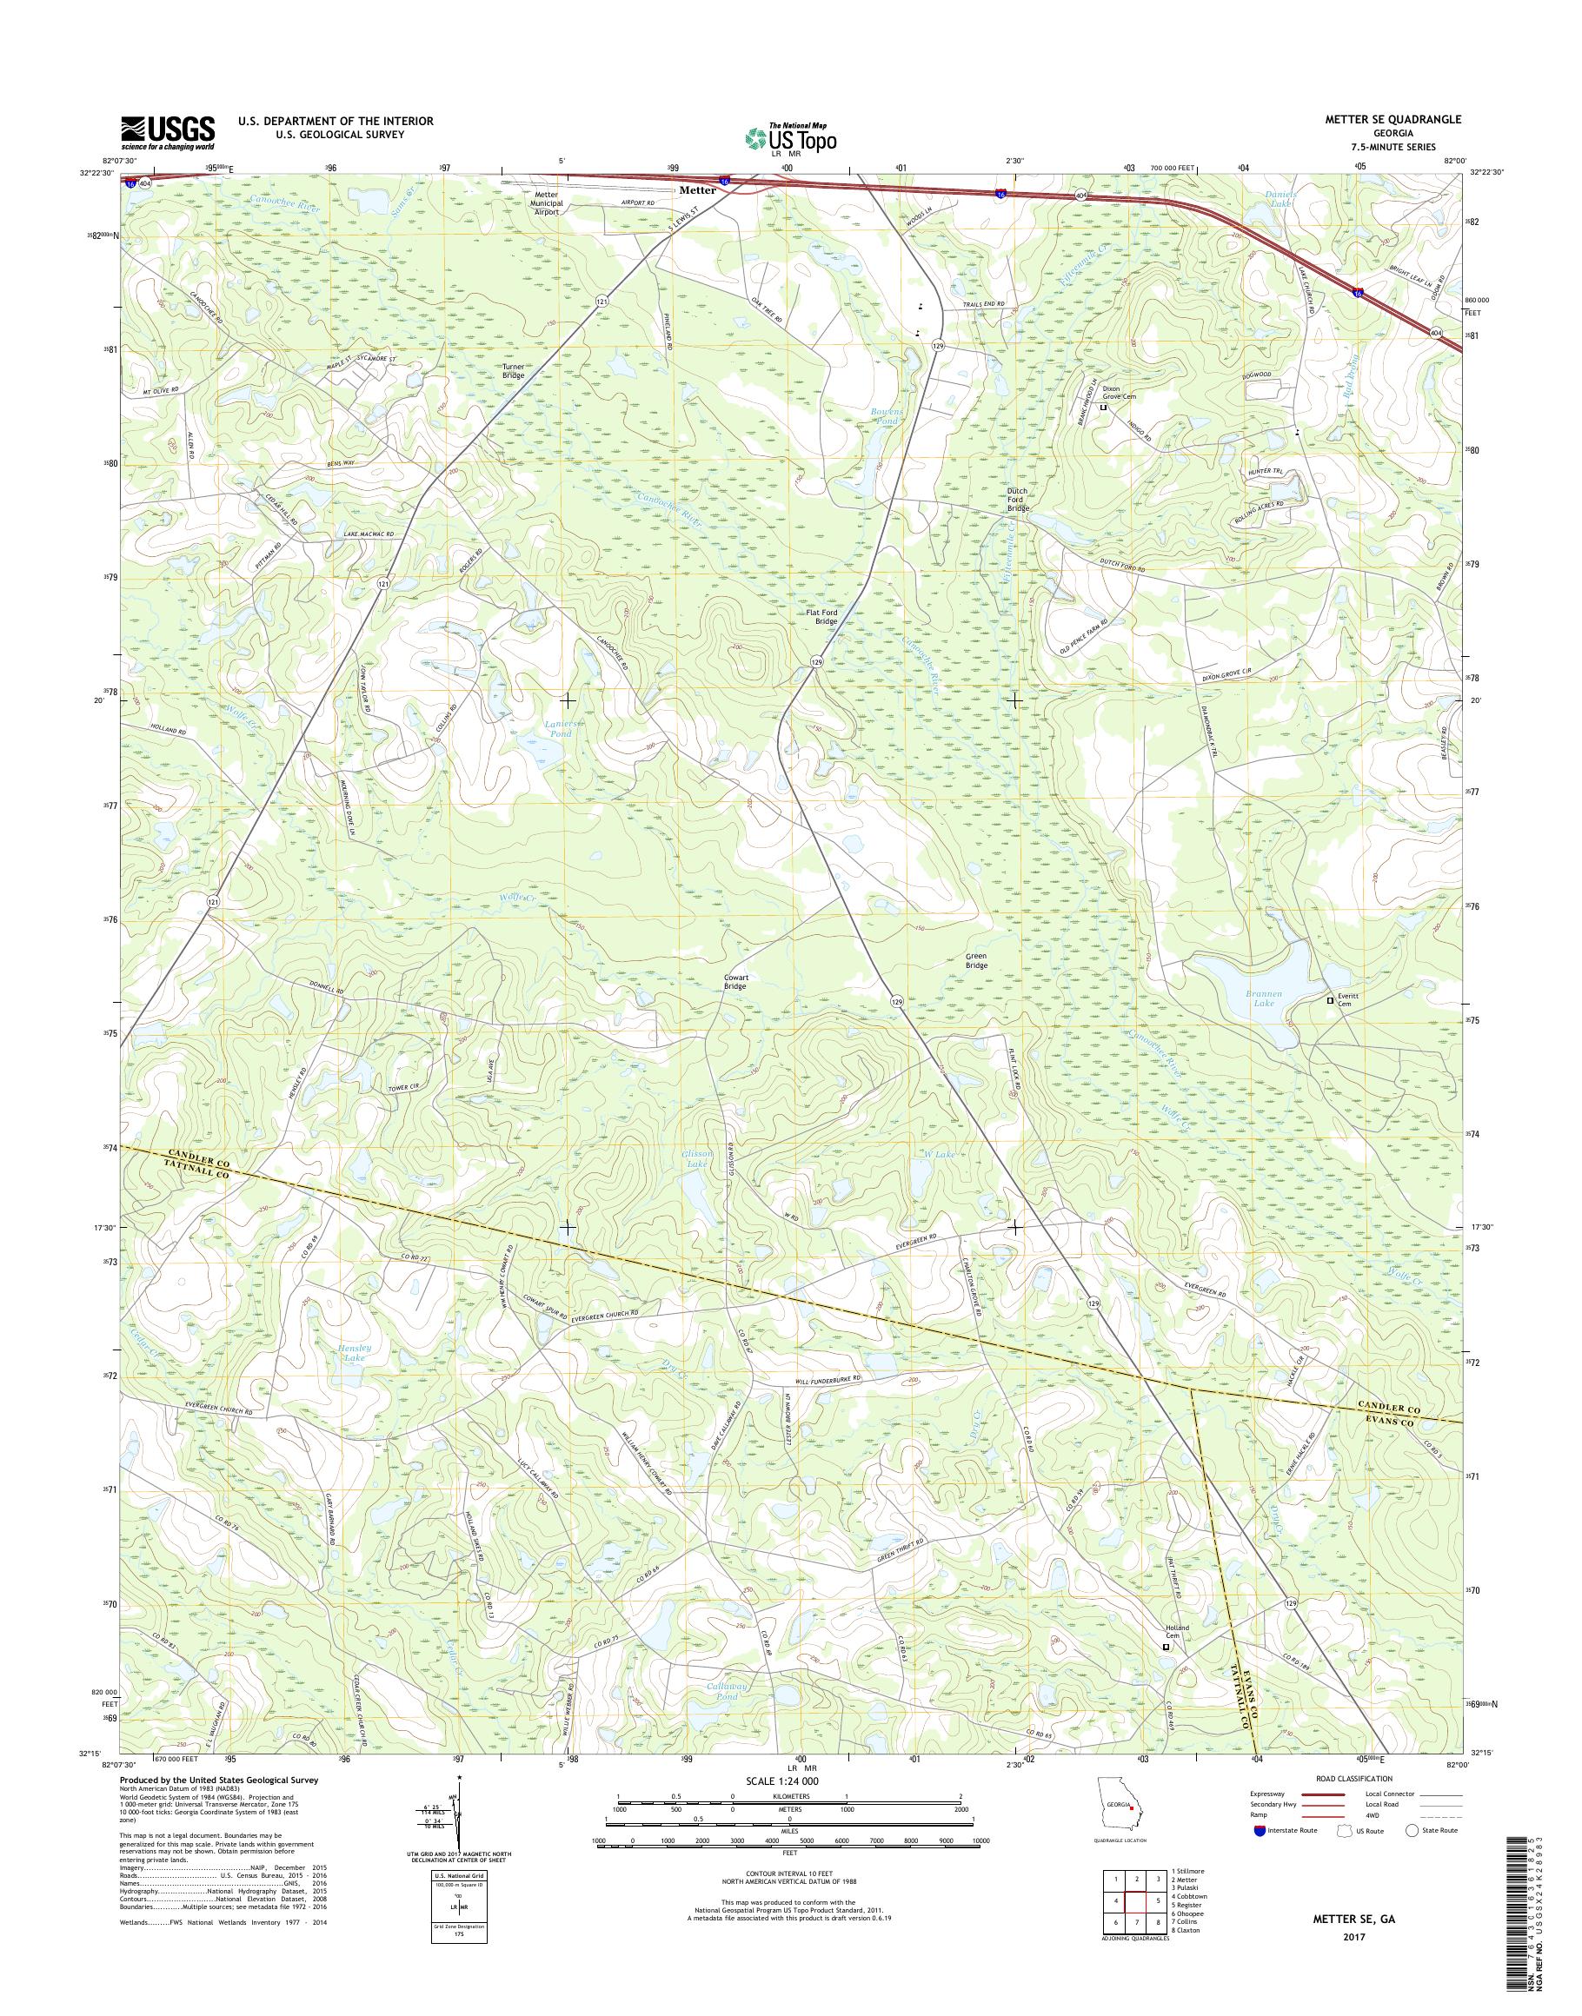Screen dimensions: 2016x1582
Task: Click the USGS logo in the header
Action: (x=168, y=132)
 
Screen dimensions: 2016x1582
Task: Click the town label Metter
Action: (x=697, y=189)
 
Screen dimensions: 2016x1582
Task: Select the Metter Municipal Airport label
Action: (x=546, y=202)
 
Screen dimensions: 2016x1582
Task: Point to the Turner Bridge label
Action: (x=513, y=370)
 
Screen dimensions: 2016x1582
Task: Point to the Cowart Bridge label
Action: (x=735, y=982)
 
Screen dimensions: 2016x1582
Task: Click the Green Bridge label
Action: (x=976, y=960)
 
